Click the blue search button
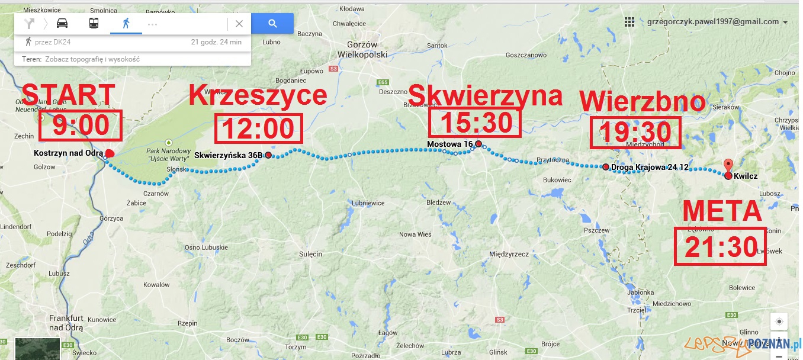(x=272, y=24)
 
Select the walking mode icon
(x=126, y=24)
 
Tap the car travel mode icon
(x=62, y=24)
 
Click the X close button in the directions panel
(x=239, y=24)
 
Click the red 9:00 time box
(x=80, y=126)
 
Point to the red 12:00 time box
(x=258, y=128)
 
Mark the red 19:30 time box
(x=634, y=131)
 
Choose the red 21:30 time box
(x=720, y=246)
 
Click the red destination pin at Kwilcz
(x=728, y=166)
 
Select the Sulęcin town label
(x=311, y=254)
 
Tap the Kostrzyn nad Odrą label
(x=69, y=153)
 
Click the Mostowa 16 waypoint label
(x=449, y=144)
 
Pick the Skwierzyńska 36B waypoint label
(x=228, y=156)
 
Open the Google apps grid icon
(x=629, y=22)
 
